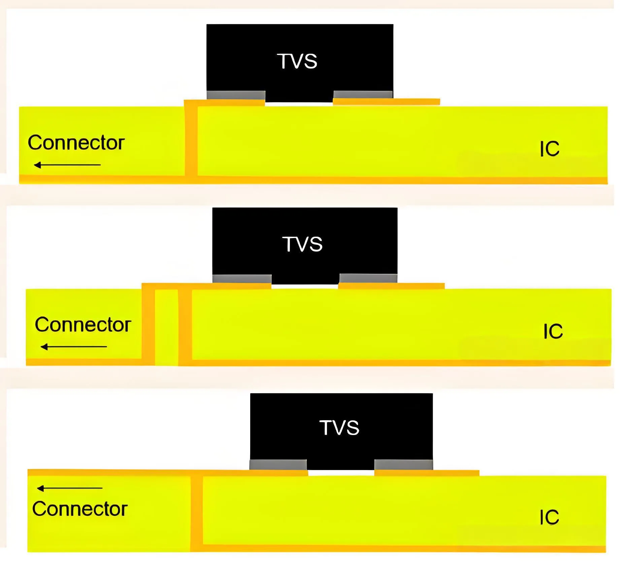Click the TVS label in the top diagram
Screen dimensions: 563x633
click(x=297, y=61)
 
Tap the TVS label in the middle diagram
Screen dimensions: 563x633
click(x=302, y=244)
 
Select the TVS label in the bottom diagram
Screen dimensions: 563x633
click(x=339, y=428)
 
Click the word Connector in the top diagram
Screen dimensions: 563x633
click(x=76, y=143)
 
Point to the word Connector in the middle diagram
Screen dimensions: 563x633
click(x=83, y=325)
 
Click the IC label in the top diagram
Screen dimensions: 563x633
click(x=549, y=149)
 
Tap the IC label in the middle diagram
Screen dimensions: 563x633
click(x=553, y=331)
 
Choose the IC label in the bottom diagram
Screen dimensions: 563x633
click(x=549, y=517)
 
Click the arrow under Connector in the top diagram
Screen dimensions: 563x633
click(x=67, y=165)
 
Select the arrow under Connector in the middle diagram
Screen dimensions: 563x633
click(x=74, y=346)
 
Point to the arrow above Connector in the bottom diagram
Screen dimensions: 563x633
click(x=70, y=488)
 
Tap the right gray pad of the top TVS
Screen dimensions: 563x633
click(x=363, y=94)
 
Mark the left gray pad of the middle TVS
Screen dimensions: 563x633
click(x=242, y=279)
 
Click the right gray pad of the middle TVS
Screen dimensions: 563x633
click(x=368, y=278)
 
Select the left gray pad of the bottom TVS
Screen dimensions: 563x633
click(x=278, y=465)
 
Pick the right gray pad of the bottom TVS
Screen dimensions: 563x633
click(x=403, y=464)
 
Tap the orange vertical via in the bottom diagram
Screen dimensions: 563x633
click(x=196, y=512)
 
